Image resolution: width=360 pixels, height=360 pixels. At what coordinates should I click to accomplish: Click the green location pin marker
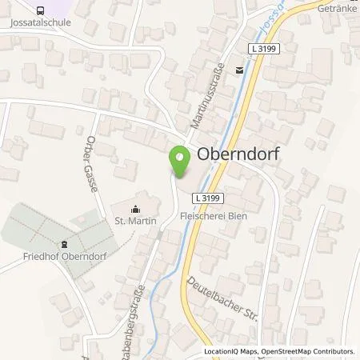(179, 162)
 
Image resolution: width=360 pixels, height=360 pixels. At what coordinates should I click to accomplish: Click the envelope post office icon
(239, 70)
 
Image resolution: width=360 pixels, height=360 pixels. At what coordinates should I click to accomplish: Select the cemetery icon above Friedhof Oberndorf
(64, 245)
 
